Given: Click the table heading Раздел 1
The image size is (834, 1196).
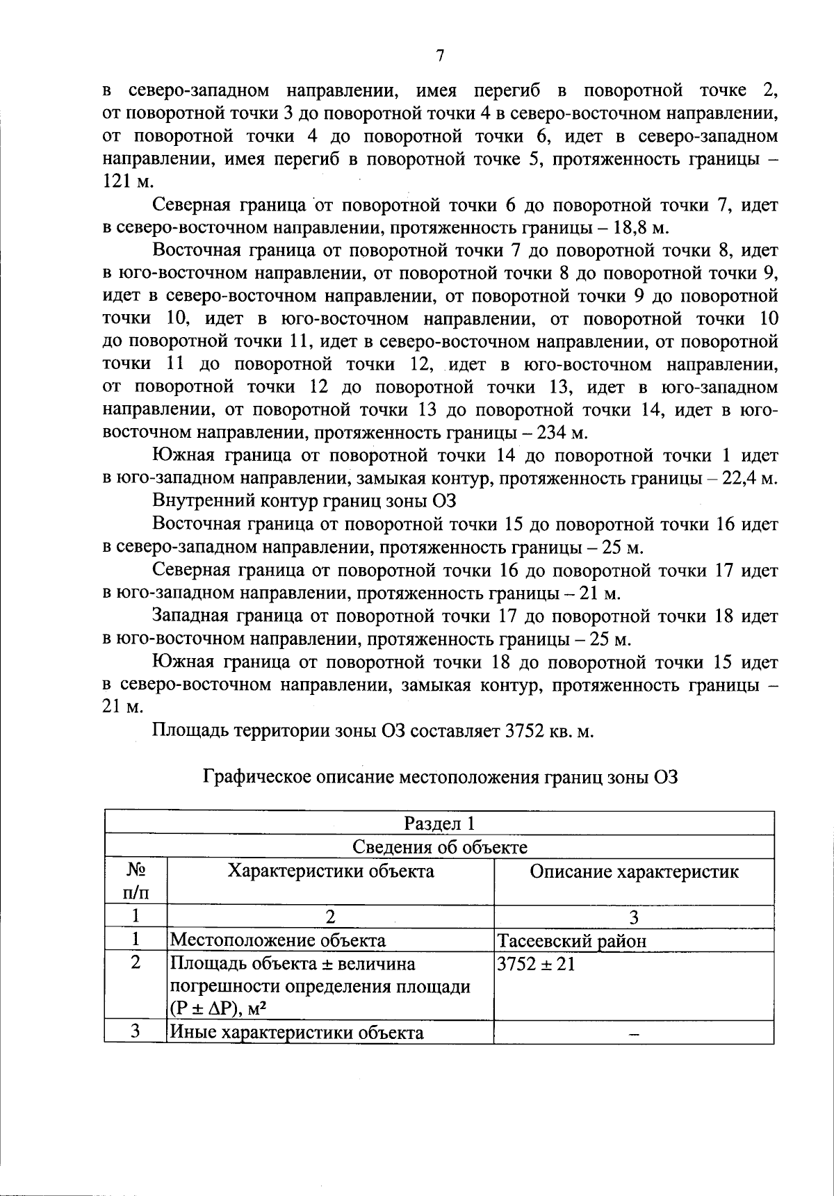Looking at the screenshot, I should click(439, 824).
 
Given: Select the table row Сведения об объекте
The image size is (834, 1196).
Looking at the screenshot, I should click(439, 847).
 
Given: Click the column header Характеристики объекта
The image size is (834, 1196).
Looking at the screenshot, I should click(331, 871).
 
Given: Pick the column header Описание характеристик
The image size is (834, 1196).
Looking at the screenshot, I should click(634, 871).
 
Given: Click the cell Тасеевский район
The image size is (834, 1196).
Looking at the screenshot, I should click(571, 941).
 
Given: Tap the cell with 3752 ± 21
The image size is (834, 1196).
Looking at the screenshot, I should click(536, 965).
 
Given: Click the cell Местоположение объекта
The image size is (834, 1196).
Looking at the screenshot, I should click(277, 940).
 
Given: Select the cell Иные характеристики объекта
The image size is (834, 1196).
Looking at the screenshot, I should click(297, 1032).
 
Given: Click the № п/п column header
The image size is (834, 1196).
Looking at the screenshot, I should click(136, 881).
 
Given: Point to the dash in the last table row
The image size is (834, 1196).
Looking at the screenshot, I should click(633, 1033).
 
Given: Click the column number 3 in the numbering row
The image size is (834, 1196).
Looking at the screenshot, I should click(633, 917).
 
